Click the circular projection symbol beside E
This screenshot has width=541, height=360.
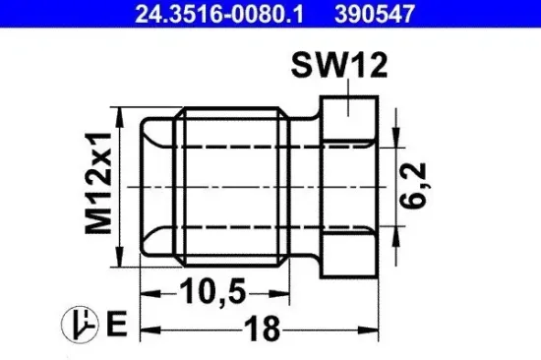[x=79, y=323]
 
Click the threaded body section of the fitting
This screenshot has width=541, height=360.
[x=236, y=187]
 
